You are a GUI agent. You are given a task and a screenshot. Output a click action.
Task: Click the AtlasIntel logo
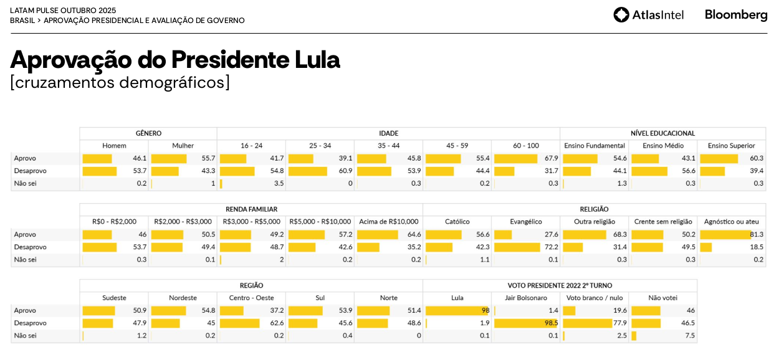[648, 15]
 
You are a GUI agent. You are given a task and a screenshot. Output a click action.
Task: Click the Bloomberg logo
[736, 15]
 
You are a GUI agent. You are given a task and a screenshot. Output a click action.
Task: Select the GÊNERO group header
[148, 133]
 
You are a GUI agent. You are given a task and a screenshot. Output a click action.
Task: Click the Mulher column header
[183, 146]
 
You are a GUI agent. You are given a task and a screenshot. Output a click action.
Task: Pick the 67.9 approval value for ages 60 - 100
[551, 158]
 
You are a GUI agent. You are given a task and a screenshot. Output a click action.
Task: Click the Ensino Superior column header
[731, 146]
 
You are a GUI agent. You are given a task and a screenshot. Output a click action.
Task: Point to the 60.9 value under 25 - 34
[345, 171]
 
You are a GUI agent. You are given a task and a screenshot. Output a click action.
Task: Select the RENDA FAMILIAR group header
[251, 209]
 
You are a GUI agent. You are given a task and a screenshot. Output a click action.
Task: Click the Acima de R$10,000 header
[388, 222]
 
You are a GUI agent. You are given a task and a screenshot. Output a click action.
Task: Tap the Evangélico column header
[525, 222]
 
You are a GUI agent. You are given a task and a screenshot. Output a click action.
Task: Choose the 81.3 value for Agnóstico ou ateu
[756, 234]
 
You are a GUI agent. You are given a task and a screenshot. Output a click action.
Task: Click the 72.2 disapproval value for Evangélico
[551, 247]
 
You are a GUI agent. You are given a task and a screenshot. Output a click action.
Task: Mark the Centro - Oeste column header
[251, 298]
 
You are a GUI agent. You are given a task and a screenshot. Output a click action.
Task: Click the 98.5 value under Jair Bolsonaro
[551, 323]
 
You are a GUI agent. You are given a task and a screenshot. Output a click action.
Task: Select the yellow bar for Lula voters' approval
[456, 310]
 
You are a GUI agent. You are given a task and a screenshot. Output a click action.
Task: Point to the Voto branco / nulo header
[594, 298]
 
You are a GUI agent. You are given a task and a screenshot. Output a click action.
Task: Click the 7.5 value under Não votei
[690, 335]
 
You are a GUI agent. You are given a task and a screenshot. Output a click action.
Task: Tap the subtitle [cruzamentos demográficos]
[120, 82]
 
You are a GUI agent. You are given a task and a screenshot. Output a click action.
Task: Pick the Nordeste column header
[183, 298]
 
